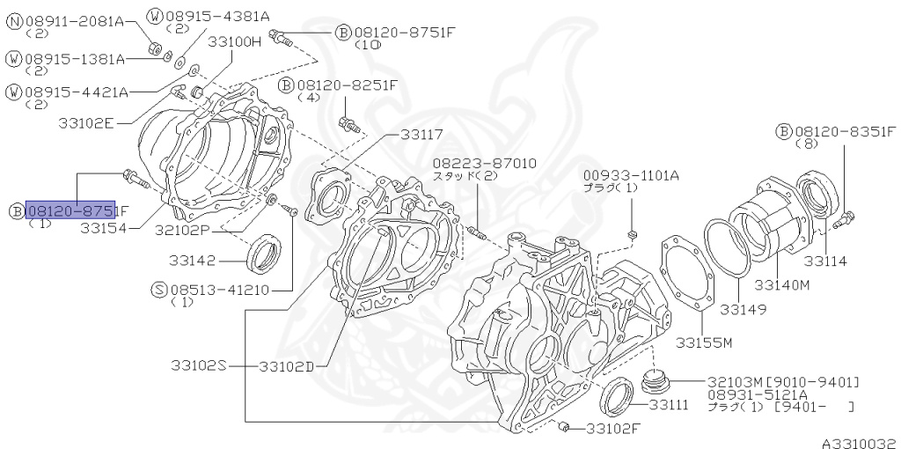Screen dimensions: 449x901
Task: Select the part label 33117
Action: [421, 135]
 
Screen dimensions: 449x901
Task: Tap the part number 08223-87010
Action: [484, 163]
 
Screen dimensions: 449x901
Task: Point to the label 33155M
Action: [704, 342]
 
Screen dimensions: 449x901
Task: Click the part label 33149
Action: [743, 309]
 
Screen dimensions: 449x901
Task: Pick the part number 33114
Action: [824, 261]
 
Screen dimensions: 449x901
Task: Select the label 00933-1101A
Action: [631, 175]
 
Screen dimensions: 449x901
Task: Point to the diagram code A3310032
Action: [860, 443]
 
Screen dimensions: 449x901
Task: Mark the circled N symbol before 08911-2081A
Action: [14, 19]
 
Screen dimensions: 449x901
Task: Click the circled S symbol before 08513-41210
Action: [158, 289]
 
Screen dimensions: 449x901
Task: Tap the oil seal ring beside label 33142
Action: [263, 254]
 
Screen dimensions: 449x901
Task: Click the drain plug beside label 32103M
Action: [655, 381]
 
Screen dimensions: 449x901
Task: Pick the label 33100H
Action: [235, 40]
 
